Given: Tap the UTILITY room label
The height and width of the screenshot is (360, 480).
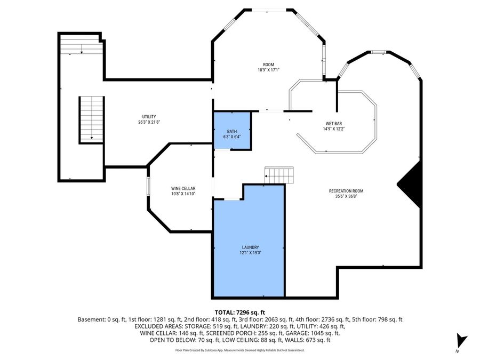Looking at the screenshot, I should point(149,117).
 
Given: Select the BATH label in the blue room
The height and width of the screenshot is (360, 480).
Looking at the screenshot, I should point(231,131).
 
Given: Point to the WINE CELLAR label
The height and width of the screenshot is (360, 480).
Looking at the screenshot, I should point(183,189).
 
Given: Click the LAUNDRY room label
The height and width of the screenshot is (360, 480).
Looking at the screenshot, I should point(250,247).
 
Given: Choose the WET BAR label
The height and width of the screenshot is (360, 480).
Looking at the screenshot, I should point(334,123).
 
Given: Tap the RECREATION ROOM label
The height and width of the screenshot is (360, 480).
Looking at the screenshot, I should point(346,190).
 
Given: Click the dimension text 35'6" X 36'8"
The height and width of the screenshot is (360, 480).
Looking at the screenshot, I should point(346,196).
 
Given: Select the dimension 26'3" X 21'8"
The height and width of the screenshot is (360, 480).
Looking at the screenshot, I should point(149,122).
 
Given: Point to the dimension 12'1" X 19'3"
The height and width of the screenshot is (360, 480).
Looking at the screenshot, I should point(250,253).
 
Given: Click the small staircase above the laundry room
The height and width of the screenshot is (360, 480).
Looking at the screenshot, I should point(279,175).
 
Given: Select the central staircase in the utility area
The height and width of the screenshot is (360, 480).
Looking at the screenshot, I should point(91,119).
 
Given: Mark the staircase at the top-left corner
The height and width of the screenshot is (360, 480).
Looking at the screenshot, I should point(79,44).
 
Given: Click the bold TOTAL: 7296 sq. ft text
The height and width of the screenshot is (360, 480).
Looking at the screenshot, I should point(239,312).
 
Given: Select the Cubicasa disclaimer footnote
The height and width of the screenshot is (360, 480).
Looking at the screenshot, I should point(239,350).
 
